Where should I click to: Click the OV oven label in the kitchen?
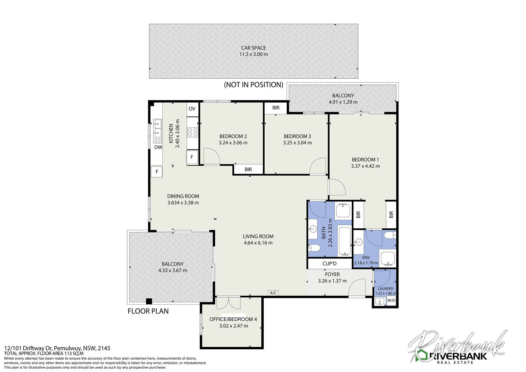pyautogui.click(x=192, y=109)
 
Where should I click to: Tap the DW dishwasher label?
pyautogui.click(x=158, y=147)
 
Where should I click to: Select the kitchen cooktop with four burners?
pyautogui.click(x=193, y=132)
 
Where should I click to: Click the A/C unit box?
pyautogui.click(x=273, y=293)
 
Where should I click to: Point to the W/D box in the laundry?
pyautogui.click(x=391, y=300)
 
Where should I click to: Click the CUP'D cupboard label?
pyautogui.click(x=329, y=264)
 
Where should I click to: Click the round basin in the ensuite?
pyautogui.click(x=359, y=241)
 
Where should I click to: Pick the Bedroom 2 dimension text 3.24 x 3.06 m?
pyautogui.click(x=233, y=143)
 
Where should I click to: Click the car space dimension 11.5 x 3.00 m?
pyautogui.click(x=253, y=54)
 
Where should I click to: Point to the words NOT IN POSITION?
pyautogui.click(x=253, y=85)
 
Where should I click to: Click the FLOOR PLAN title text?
pyautogui.click(x=148, y=311)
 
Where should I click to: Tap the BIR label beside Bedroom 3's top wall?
pyautogui.click(x=276, y=108)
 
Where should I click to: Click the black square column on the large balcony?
pyautogui.click(x=149, y=301)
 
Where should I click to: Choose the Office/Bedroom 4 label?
pyautogui.click(x=233, y=319)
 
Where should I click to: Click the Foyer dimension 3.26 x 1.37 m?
pyautogui.click(x=332, y=281)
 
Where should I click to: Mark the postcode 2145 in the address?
pyautogui.click(x=104, y=348)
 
